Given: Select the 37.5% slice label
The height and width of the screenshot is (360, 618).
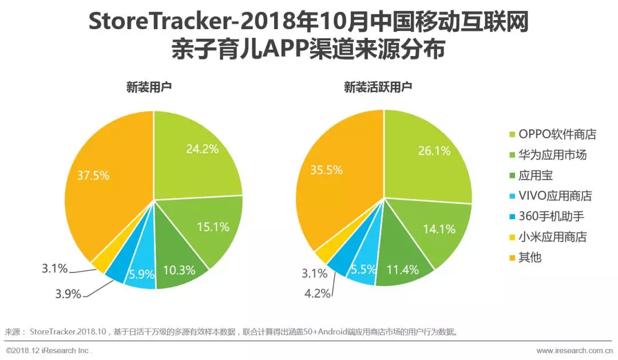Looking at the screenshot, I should (x=93, y=176).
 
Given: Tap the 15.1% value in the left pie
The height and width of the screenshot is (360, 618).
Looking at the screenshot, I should (x=213, y=227).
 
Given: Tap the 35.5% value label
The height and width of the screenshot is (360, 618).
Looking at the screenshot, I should (x=326, y=169).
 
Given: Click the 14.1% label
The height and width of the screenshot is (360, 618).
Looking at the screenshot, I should (x=439, y=230).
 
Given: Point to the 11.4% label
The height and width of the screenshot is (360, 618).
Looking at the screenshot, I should (x=402, y=269).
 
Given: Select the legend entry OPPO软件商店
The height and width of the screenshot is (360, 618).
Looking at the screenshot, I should (x=557, y=134).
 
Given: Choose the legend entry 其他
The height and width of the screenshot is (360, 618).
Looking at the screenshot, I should (x=529, y=258).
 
